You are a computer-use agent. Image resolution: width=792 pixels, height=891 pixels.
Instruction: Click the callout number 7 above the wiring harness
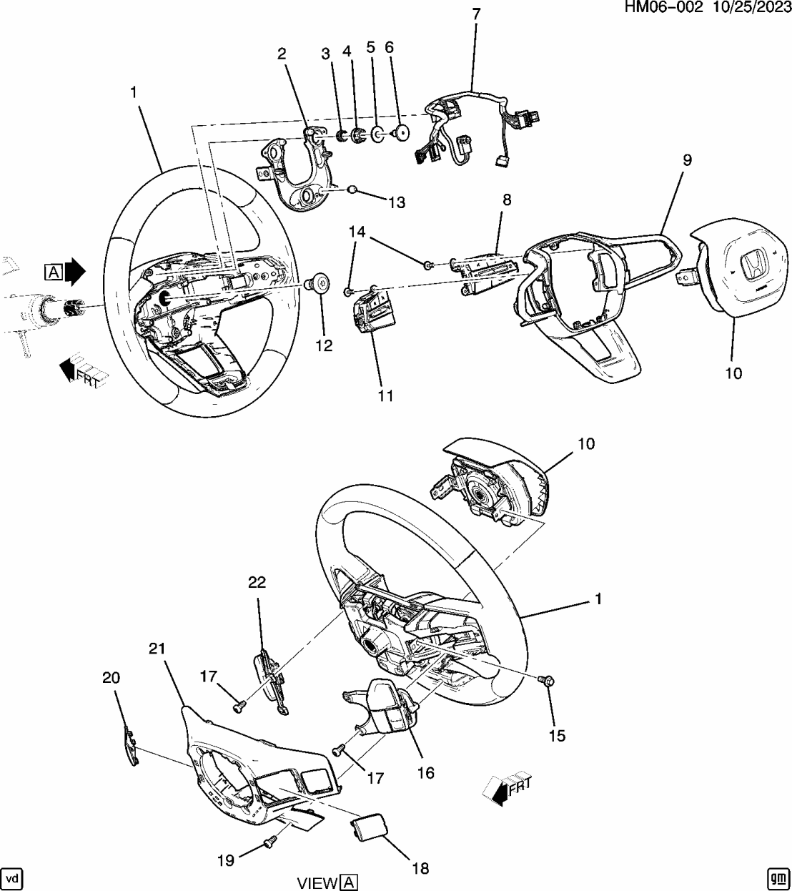(476, 14)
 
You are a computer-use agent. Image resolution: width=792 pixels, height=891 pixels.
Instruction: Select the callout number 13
(396, 203)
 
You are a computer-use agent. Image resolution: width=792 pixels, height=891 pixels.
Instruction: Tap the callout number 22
(257, 582)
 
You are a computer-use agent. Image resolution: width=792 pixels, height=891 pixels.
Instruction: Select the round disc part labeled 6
(400, 132)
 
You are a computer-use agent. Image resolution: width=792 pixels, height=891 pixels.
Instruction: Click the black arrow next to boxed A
(74, 271)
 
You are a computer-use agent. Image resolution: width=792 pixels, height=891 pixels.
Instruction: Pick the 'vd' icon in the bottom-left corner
(12, 877)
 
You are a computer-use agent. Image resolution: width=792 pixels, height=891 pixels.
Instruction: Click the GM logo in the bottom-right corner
(777, 877)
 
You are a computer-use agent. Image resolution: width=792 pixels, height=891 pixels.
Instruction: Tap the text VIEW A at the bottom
(327, 882)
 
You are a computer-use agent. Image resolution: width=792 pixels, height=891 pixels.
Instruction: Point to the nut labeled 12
(316, 284)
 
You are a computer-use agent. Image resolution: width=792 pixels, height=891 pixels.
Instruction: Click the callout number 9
(686, 160)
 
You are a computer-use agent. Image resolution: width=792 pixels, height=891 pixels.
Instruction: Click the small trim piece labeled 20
(129, 746)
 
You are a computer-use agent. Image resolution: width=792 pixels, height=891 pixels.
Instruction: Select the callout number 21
(157, 649)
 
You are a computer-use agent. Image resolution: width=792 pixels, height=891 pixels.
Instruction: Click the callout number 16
(425, 773)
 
